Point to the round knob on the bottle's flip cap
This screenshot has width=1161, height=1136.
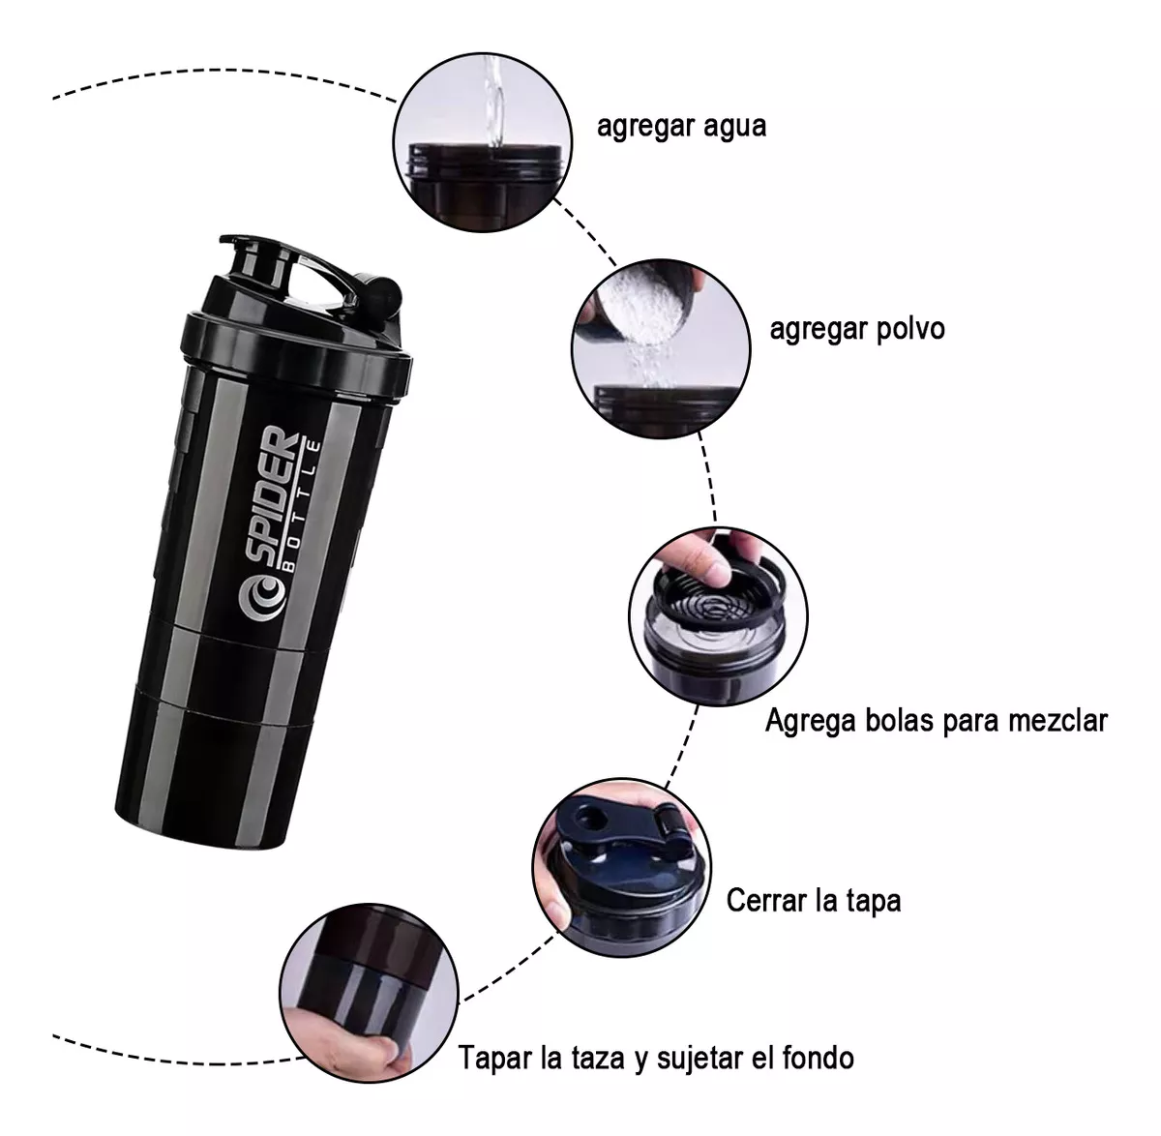[x=384, y=289]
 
